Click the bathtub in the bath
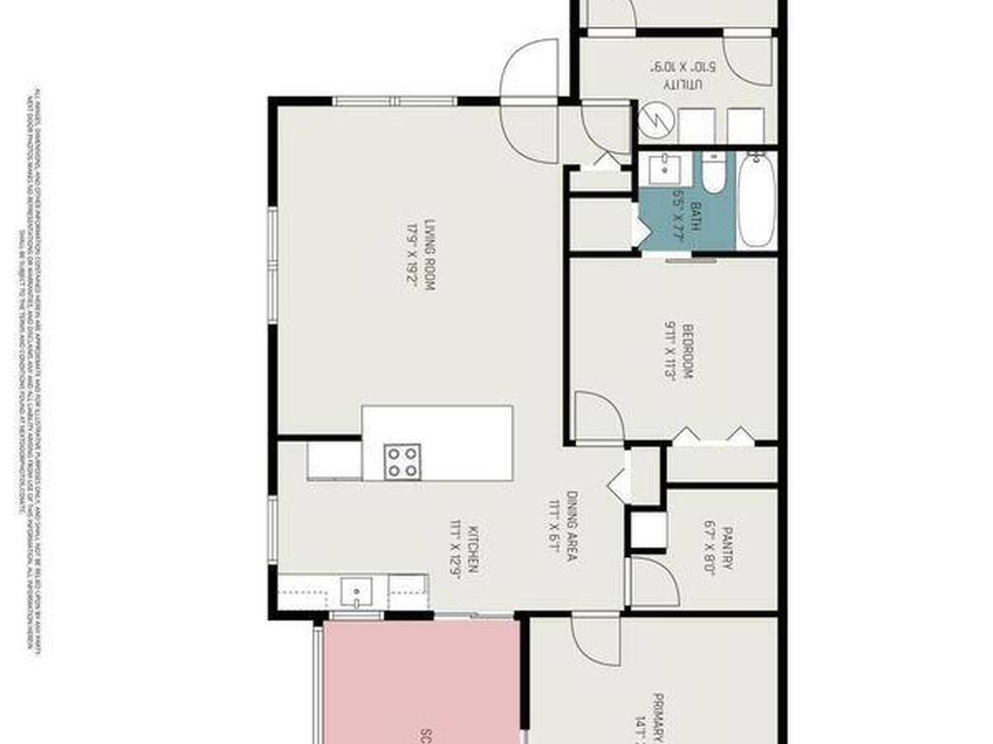tap(755, 200)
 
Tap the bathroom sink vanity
tap(664, 169)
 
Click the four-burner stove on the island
tap(401, 461)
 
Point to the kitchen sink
tap(356, 590)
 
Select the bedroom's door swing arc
tap(597, 417)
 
